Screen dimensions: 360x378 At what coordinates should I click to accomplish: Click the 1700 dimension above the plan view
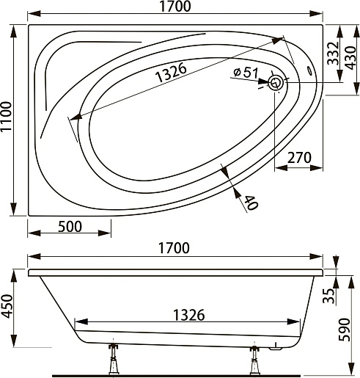click(175, 7)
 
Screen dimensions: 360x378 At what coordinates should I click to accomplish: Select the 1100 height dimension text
click(6, 116)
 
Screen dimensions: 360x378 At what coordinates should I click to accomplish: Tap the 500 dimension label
click(70, 227)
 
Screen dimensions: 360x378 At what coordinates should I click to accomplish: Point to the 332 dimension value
click(333, 54)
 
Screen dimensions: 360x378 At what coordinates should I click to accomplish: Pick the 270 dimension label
click(299, 158)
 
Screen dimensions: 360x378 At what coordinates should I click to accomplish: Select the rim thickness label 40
click(251, 203)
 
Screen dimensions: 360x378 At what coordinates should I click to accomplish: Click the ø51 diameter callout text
click(246, 73)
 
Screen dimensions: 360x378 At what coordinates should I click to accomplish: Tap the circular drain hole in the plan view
click(276, 83)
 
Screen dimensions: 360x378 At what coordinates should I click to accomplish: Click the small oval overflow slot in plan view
click(309, 70)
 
